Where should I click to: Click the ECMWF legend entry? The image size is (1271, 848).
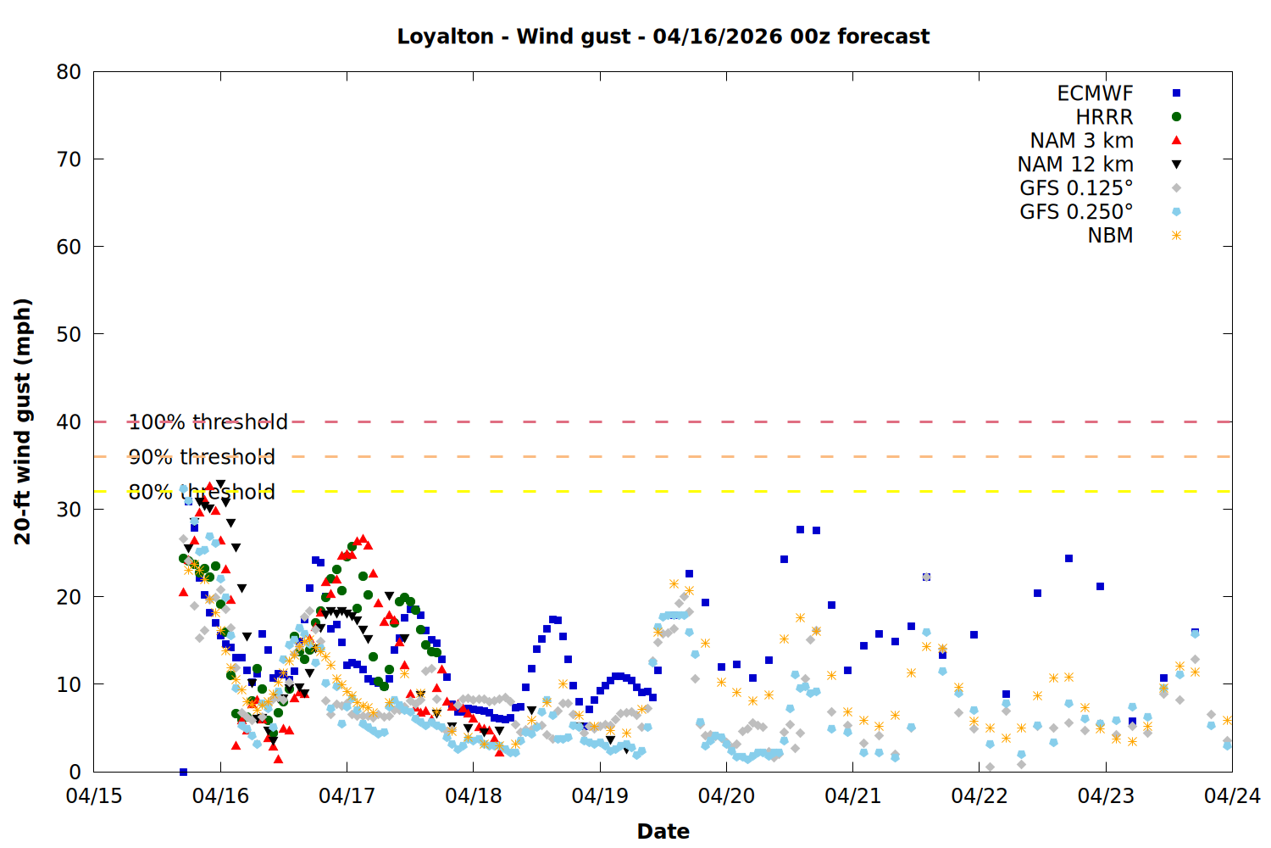(x=1095, y=93)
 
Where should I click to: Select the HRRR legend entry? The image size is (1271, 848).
(x=1104, y=117)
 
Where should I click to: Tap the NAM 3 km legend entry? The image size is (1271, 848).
(x=1081, y=141)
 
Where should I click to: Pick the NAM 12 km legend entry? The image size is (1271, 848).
(x=1075, y=165)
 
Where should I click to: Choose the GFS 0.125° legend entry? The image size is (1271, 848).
(x=1076, y=188)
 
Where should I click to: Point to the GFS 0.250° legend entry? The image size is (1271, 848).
(x=1076, y=212)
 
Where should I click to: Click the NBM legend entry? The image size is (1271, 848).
(x=1110, y=236)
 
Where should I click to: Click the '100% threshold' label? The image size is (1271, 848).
(x=208, y=422)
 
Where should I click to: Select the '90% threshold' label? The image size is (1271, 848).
(x=202, y=457)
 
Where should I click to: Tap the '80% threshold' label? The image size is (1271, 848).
(x=202, y=492)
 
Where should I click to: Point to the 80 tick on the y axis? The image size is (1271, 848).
(x=69, y=72)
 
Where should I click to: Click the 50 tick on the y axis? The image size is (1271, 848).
(x=69, y=334)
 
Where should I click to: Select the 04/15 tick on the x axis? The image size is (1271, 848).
(x=94, y=796)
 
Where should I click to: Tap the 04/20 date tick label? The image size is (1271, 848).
(x=726, y=796)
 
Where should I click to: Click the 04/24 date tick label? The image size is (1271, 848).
(x=1232, y=796)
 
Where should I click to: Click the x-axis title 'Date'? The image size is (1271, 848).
(x=663, y=831)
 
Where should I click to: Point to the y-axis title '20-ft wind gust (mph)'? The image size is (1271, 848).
(x=23, y=421)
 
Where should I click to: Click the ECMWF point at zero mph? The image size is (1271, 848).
(x=183, y=772)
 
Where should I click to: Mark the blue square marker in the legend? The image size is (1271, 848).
(x=1176, y=93)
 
